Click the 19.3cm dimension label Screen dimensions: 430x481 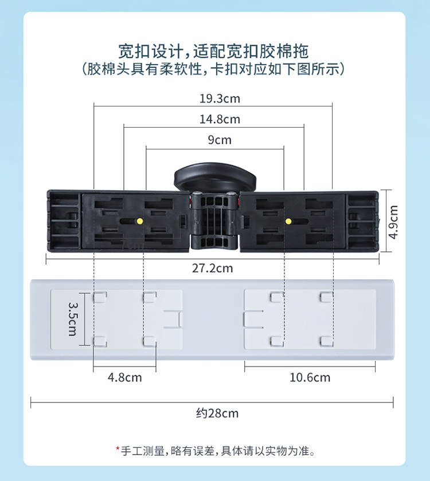[220, 98]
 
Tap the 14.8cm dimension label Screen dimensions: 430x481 [220, 119]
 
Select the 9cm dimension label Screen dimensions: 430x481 [220, 140]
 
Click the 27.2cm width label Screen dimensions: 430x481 [213, 267]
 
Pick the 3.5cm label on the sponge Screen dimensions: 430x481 [73, 319]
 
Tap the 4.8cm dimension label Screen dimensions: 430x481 [124, 377]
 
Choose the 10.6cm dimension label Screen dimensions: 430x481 [310, 377]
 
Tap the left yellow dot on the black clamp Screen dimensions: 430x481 [140, 220]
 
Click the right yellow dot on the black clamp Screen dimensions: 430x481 [288, 220]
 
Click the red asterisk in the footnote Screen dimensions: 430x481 [118, 450]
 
